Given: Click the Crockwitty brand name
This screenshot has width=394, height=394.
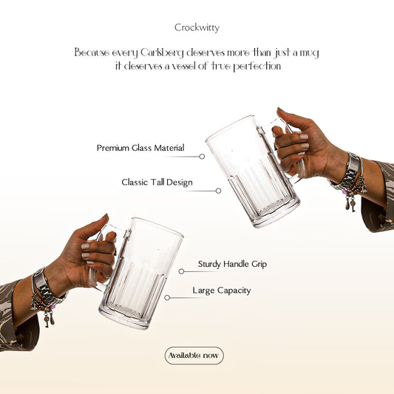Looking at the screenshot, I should pyautogui.click(x=197, y=27).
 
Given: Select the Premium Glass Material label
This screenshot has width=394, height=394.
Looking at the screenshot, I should pyautogui.click(x=140, y=148).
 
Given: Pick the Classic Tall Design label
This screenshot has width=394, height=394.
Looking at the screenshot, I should pyautogui.click(x=157, y=182).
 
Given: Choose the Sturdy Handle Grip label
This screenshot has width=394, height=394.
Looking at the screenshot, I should pyautogui.click(x=232, y=263).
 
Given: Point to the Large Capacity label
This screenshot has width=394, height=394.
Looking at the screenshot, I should pyautogui.click(x=221, y=291).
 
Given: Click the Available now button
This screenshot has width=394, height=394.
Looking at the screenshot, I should pyautogui.click(x=194, y=356).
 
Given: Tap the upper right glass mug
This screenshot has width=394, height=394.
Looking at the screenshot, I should pyautogui.click(x=251, y=170).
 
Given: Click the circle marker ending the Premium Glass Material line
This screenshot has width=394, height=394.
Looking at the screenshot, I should pyautogui.click(x=202, y=157).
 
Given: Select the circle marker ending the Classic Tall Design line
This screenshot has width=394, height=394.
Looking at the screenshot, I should pyautogui.click(x=218, y=191).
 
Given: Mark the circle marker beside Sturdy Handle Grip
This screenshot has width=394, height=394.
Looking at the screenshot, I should pyautogui.click(x=182, y=271).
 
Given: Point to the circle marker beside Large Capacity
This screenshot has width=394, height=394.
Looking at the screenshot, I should pyautogui.click(x=167, y=298).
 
